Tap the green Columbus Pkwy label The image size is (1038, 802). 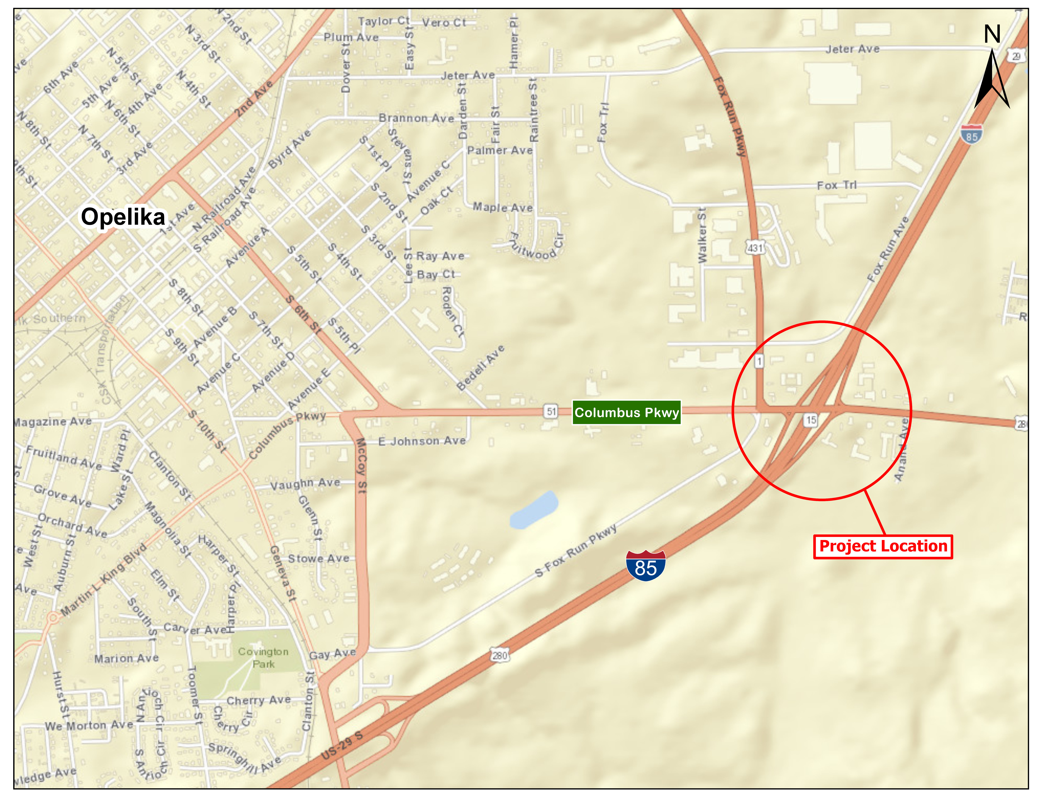626,412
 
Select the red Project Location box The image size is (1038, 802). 883,546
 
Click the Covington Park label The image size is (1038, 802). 263,658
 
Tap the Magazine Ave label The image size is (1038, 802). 52,421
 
